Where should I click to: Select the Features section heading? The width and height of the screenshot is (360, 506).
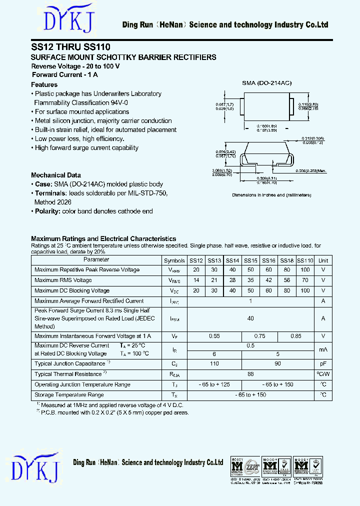(44, 84)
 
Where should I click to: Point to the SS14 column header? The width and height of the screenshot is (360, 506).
(232, 260)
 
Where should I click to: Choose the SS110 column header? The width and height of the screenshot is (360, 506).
(305, 260)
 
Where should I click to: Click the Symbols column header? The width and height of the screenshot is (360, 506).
(174, 260)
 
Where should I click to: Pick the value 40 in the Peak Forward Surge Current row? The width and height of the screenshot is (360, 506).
(250, 318)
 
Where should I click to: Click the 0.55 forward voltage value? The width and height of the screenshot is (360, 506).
(214, 336)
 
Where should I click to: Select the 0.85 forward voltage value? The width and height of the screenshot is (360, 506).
(296, 336)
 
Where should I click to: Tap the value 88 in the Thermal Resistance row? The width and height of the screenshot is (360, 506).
(250, 374)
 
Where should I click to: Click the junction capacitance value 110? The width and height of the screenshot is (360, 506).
(214, 364)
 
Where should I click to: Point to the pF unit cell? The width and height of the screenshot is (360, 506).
(323, 364)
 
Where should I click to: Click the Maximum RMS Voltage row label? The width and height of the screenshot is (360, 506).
(63, 280)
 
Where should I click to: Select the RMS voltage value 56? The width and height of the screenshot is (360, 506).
(287, 280)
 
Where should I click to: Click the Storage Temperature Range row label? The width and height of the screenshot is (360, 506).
(69, 395)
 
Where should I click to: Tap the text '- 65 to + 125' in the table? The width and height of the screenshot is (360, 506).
(214, 384)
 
